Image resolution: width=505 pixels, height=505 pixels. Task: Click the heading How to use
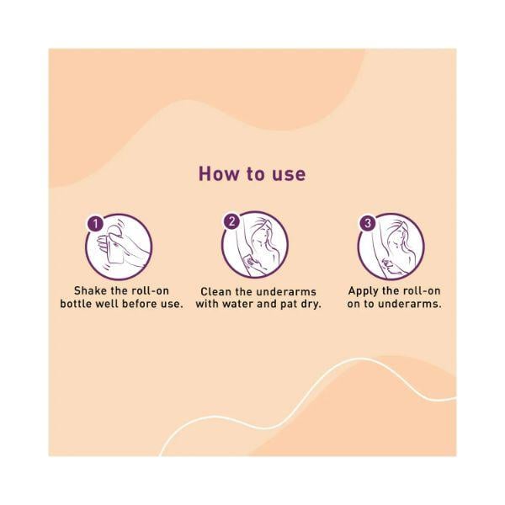[x=252, y=173]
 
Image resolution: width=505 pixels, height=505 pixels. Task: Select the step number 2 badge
[x=231, y=221]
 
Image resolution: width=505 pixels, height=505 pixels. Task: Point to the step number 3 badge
[x=368, y=223]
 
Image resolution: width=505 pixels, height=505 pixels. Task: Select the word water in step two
[x=238, y=304]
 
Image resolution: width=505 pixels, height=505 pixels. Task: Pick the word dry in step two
[x=311, y=305]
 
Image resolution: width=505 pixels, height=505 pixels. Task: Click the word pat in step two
[x=290, y=305]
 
